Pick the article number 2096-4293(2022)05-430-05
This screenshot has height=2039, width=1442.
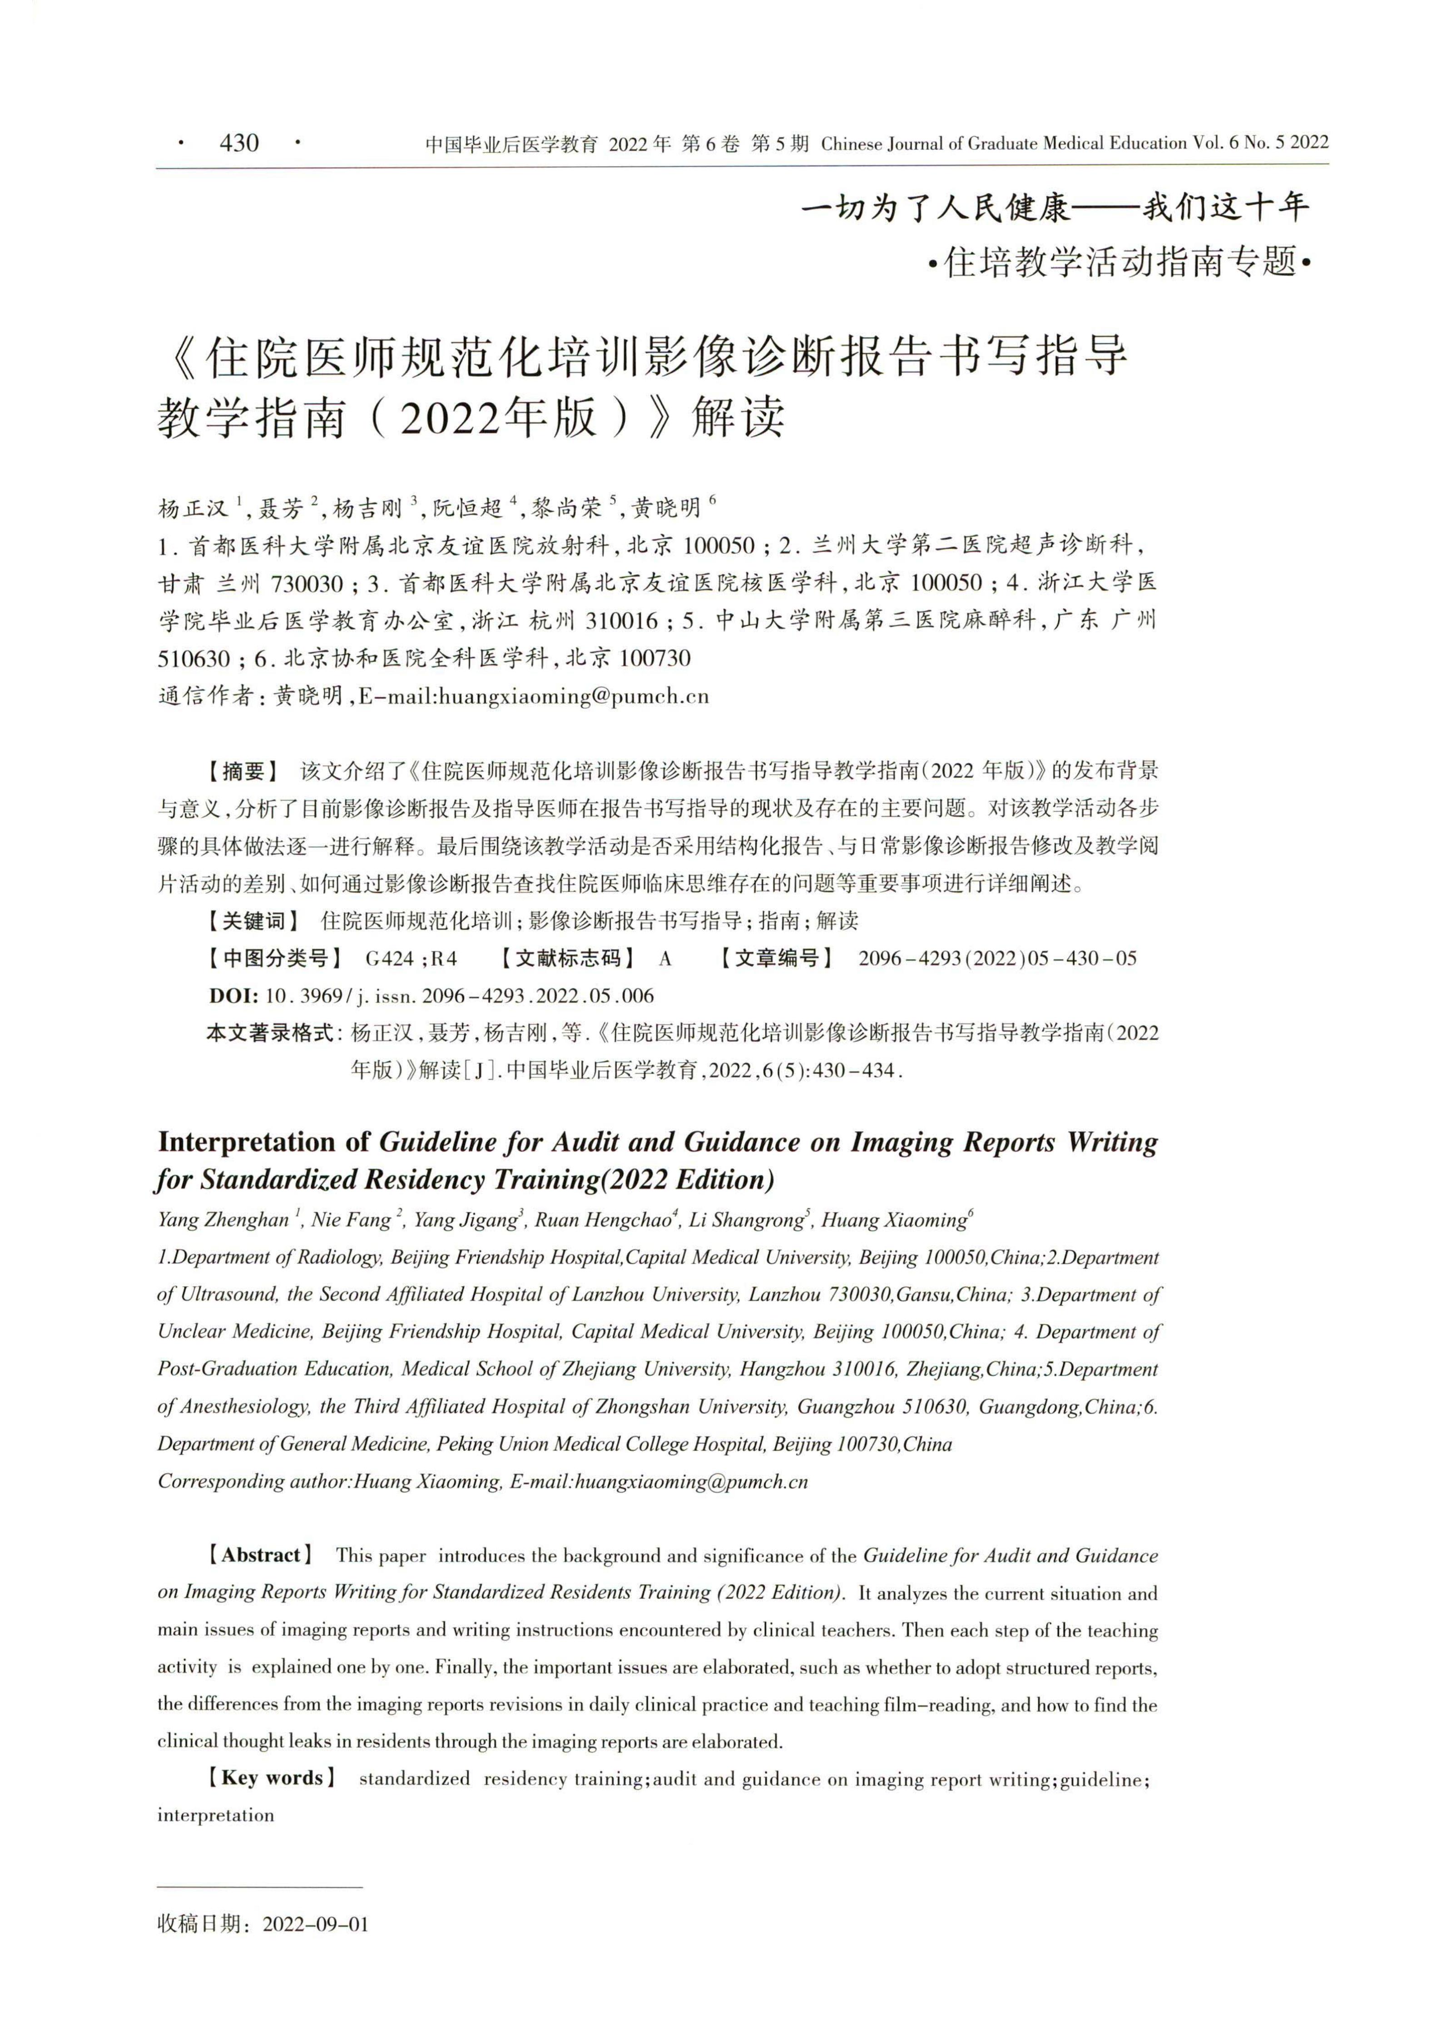pos(997,958)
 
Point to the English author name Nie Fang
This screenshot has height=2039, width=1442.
pos(351,1220)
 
